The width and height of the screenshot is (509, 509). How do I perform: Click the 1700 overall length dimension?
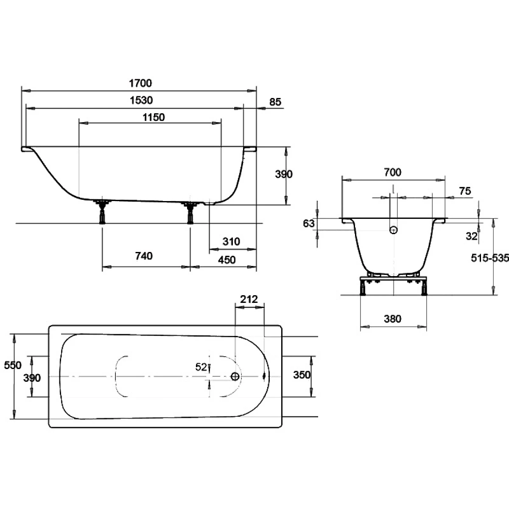tap(140, 83)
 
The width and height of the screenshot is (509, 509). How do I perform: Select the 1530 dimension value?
tap(141, 101)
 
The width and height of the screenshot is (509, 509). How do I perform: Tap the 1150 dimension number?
tap(154, 117)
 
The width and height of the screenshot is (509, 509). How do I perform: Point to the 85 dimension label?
tap(275, 102)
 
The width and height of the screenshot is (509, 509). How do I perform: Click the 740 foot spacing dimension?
tap(144, 256)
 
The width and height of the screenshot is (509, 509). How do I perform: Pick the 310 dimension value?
tap(231, 241)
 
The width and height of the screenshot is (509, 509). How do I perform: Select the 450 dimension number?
tap(227, 260)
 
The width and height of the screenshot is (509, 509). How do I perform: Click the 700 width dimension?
tap(392, 172)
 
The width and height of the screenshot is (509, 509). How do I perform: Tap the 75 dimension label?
tap(465, 191)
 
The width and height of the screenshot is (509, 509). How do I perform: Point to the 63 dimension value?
tap(309, 224)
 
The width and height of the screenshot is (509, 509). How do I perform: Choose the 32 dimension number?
tap(472, 236)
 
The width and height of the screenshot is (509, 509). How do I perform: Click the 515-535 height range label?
tap(490, 258)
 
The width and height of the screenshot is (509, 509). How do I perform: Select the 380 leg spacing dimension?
tap(392, 319)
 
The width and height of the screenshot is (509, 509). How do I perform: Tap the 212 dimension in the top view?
tap(249, 299)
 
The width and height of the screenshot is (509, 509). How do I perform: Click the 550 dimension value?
tap(13, 365)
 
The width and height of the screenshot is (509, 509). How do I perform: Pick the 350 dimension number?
tap(302, 375)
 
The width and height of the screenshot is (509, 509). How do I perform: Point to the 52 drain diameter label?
tap(201, 367)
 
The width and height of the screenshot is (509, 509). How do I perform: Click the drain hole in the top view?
tap(235, 376)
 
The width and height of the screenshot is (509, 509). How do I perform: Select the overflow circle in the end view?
tap(394, 230)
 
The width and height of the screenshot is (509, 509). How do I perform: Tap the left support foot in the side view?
tap(102, 212)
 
